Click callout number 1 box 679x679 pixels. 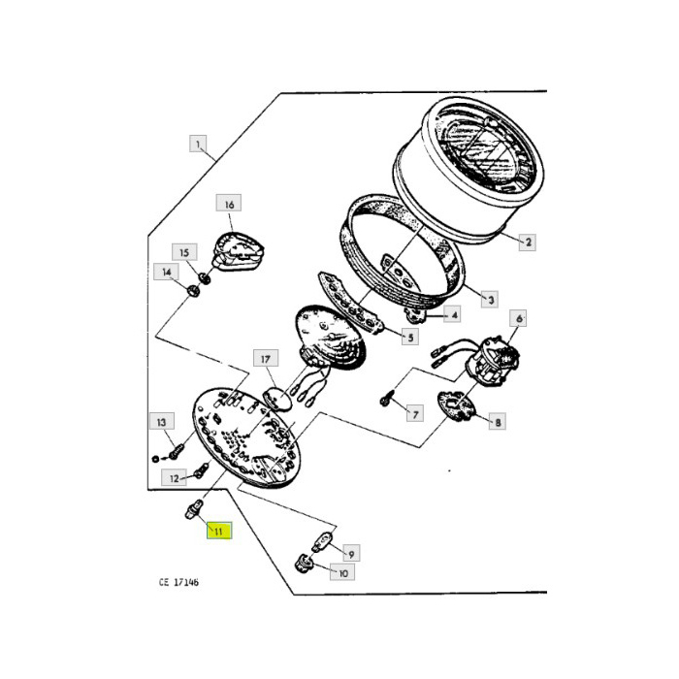tap(198, 145)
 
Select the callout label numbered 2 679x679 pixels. tap(528, 242)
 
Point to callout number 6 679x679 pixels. tap(519, 318)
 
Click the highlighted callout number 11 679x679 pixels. tap(217, 531)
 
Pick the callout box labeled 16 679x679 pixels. tap(229, 205)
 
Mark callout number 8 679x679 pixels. tap(499, 422)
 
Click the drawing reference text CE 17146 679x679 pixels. tap(186, 583)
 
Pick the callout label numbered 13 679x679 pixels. tap(161, 420)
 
